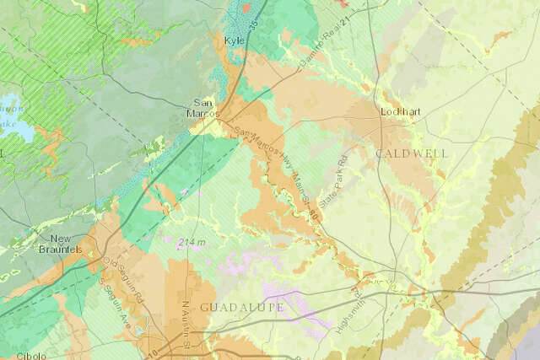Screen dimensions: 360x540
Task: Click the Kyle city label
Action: pos(234,40)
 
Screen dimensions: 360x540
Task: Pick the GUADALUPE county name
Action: pos(241,307)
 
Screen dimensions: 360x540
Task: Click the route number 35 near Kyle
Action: pos(253,13)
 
